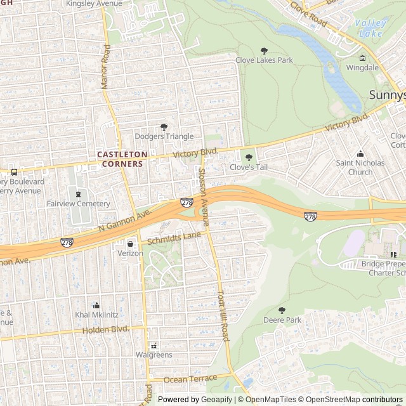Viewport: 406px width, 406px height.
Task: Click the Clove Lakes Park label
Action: tap(264, 60)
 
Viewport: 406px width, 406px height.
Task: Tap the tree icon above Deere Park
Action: tap(282, 310)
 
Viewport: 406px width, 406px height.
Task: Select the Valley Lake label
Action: tap(370, 27)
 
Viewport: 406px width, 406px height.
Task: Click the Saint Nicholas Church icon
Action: tap(360, 154)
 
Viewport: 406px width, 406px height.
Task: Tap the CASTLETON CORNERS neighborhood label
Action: tap(122, 159)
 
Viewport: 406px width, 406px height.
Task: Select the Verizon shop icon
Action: tap(131, 243)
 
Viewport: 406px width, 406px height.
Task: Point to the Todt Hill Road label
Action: tap(223, 316)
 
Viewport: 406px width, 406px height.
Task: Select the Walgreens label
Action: tap(154, 355)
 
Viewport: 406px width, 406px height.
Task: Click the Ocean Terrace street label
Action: tap(190, 379)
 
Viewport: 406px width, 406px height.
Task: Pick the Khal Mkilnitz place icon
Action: tap(96, 305)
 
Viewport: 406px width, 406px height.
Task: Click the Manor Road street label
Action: tap(106, 67)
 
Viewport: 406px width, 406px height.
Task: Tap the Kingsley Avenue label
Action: tap(93, 4)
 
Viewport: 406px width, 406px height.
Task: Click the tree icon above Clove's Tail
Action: tap(249, 157)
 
